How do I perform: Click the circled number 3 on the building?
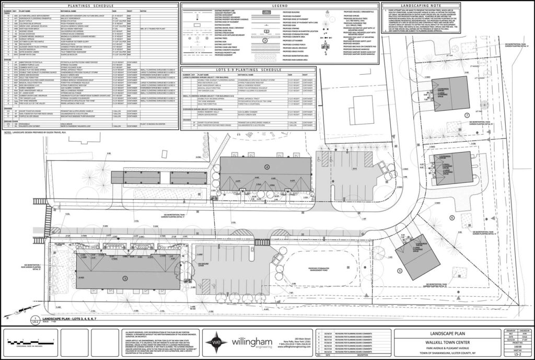(x=124, y=278)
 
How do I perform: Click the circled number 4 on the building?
(x=267, y=167)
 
